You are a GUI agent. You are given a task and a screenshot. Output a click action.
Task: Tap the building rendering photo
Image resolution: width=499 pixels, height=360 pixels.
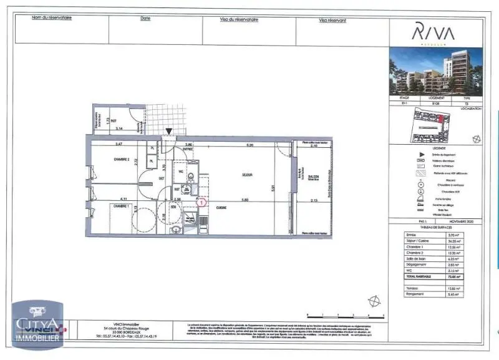pyautogui.click(x=435, y=72)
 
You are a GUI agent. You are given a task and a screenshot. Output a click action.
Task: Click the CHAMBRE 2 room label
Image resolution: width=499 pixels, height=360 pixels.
pyautogui.click(x=121, y=160)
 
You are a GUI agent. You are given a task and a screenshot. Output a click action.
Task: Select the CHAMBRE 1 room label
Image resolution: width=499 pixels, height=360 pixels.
pyautogui.click(x=120, y=206)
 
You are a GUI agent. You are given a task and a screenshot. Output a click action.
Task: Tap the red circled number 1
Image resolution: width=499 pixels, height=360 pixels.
pyautogui.click(x=201, y=202)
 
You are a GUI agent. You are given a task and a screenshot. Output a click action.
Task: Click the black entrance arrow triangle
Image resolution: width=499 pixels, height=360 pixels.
pyautogui.click(x=168, y=131)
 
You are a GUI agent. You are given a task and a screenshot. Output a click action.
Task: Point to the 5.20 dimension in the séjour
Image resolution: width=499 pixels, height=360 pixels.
pyautogui.click(x=249, y=145)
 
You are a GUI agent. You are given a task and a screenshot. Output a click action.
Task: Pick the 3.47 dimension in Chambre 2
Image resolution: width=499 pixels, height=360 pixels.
pyautogui.click(x=118, y=145)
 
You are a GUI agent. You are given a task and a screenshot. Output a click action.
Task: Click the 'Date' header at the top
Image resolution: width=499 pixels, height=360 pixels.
pyautogui.click(x=145, y=18)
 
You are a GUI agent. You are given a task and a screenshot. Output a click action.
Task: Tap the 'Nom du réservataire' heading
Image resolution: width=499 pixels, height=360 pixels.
pyautogui.click(x=52, y=17)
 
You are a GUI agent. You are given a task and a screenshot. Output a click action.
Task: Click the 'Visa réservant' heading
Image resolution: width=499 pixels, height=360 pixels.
pyautogui.click(x=332, y=20)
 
